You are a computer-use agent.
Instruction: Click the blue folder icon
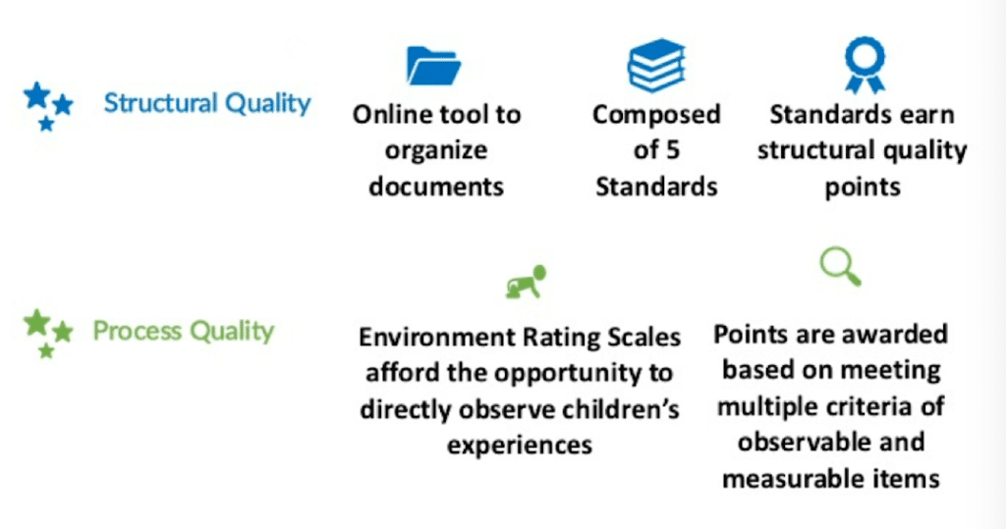[434, 67]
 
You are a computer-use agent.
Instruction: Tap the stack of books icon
[656, 66]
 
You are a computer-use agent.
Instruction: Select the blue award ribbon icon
[865, 65]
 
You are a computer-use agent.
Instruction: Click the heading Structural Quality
[207, 103]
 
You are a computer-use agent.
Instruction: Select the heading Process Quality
[183, 331]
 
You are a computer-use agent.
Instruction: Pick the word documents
[436, 186]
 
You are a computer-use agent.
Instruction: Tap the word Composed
[656, 115]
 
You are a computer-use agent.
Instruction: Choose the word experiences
[520, 445]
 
